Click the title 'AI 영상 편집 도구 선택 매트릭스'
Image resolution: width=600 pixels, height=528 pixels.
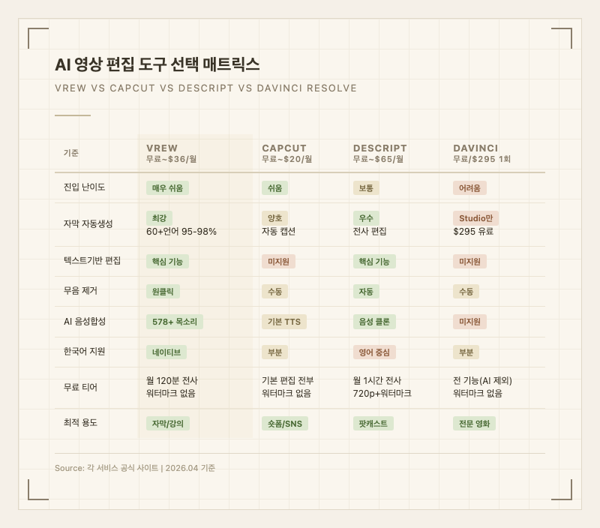pyautogui.click(x=157, y=64)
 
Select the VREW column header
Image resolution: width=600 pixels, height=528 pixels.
pyautogui.click(x=162, y=148)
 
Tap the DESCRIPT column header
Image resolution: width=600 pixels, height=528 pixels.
pyautogui.click(x=379, y=148)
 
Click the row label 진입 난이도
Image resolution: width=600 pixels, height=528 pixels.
pyautogui.click(x=85, y=187)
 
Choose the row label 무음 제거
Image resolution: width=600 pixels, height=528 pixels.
pyautogui.click(x=80, y=291)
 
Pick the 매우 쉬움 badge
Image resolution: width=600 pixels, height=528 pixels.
pyautogui.click(x=167, y=188)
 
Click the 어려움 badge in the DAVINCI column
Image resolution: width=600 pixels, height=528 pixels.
pyautogui.click(x=470, y=188)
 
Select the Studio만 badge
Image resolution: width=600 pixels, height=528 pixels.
pyautogui.click(x=475, y=218)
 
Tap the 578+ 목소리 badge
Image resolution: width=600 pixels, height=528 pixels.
pyautogui.click(x=174, y=322)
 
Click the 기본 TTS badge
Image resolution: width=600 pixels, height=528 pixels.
pyautogui.click(x=283, y=322)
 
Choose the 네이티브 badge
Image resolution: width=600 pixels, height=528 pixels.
pyautogui.click(x=166, y=352)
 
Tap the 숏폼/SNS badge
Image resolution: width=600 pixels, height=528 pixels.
pyautogui.click(x=284, y=424)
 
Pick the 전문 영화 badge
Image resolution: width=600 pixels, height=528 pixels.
pyautogui.click(x=474, y=424)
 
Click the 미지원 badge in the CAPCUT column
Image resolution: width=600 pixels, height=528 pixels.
pyautogui.click(x=278, y=261)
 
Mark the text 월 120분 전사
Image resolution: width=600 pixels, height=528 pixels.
pyautogui.click(x=172, y=380)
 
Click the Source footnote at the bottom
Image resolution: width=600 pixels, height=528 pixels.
pyautogui.click(x=135, y=468)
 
